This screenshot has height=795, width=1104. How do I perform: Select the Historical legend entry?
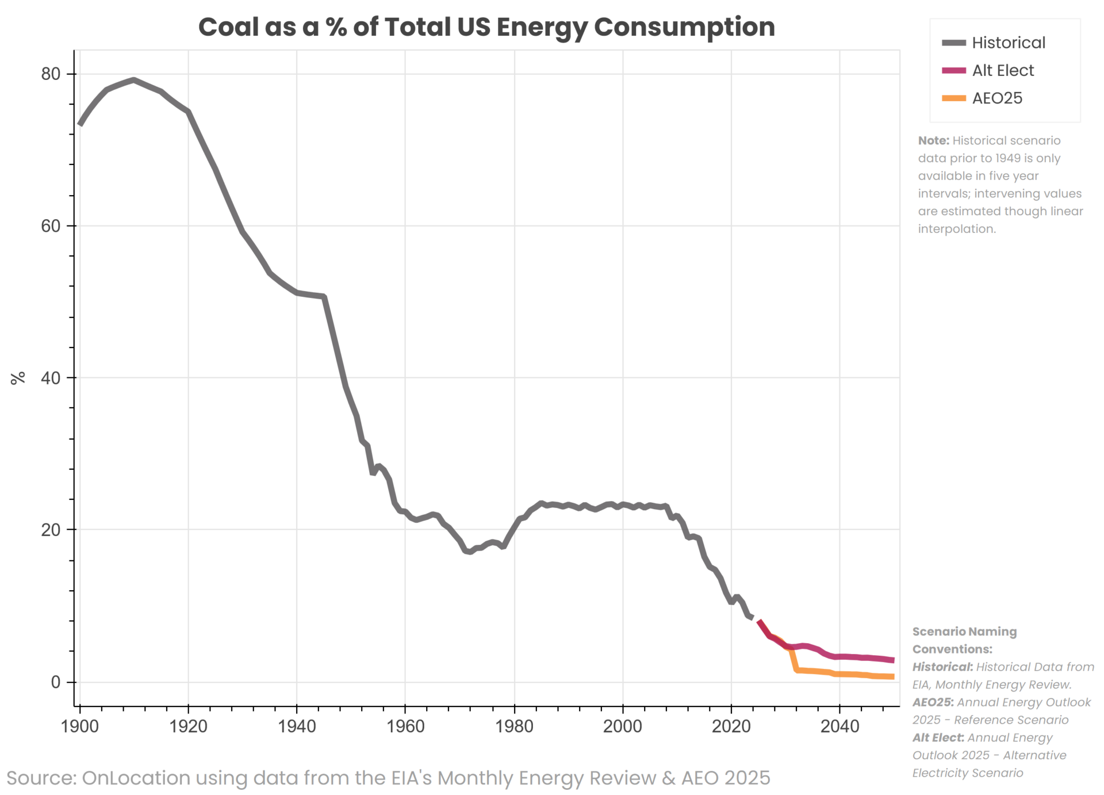[x=1008, y=43]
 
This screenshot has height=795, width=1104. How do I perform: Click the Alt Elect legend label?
[x=1002, y=70]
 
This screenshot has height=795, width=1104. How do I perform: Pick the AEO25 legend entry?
[x=996, y=98]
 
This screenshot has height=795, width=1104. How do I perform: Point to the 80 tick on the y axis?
[x=51, y=74]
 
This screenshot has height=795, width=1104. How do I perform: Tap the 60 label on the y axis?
[x=51, y=225]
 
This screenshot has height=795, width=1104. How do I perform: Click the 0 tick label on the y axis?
[x=55, y=682]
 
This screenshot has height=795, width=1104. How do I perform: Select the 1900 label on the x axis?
[x=79, y=726]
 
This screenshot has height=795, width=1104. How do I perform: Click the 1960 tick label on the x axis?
[x=405, y=726]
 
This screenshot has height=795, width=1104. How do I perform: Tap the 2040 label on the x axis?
[x=839, y=726]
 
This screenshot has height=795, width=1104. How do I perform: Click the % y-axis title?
[x=18, y=377]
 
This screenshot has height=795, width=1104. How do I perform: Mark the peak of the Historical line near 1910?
[x=134, y=80]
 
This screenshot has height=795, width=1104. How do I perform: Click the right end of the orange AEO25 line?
[x=893, y=676]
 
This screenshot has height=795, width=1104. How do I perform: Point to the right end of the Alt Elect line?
[x=893, y=660]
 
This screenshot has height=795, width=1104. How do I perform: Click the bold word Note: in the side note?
[x=933, y=140]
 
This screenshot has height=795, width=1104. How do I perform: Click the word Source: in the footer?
[x=41, y=778]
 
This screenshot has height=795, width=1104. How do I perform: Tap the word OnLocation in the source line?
[x=136, y=778]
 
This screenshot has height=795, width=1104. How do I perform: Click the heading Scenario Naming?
[x=964, y=632]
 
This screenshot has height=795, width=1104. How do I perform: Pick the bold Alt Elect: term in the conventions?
[x=938, y=737]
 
